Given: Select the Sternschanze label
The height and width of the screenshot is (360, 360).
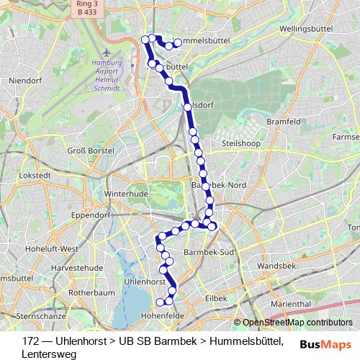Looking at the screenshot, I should click(40, 315).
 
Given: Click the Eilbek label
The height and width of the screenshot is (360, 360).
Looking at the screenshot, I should click(215, 297).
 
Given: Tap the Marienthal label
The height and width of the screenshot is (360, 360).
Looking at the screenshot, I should click(291, 304).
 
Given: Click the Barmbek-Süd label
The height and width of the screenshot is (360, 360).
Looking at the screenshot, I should click(210, 253).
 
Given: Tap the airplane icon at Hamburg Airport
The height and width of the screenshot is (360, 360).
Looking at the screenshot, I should click(107, 53).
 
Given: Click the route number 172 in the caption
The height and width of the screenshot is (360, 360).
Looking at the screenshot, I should click(30, 340).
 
